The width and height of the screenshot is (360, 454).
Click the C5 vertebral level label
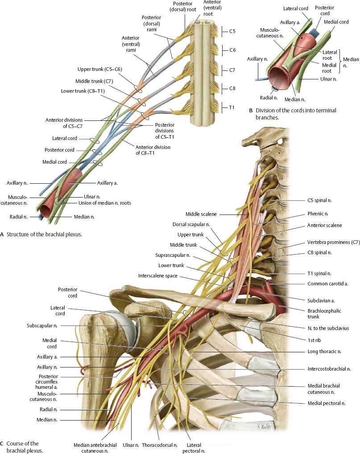pos(232,31)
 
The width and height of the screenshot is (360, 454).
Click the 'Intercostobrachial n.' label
pos(329,369)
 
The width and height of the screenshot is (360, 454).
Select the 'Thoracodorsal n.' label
pos(160,445)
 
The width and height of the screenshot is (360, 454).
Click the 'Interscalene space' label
pos(159,276)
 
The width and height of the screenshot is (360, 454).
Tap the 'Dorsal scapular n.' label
pos(192,224)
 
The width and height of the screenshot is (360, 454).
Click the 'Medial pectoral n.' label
pos(327,403)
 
